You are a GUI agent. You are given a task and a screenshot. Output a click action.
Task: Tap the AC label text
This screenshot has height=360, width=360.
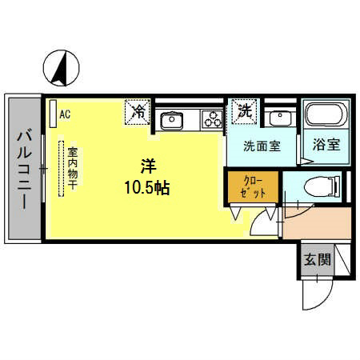pos(65,114)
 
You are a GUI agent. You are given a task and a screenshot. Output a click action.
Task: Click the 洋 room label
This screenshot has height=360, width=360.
pos(148,166)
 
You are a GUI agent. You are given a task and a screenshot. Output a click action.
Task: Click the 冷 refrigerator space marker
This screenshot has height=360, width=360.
pos(138,112)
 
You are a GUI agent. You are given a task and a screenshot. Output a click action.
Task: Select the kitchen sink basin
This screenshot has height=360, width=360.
pos(172,121)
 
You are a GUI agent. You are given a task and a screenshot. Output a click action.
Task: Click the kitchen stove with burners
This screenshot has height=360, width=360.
pos(211,120)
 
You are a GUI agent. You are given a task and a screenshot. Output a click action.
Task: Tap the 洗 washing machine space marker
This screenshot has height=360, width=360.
pos(242,112)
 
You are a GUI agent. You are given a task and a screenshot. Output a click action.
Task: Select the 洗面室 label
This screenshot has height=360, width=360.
pos(262,147)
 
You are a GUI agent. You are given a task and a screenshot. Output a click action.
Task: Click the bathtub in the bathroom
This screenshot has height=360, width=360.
pos(325,118)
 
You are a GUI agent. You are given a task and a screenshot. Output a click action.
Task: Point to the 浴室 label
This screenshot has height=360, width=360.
pos(326,146)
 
